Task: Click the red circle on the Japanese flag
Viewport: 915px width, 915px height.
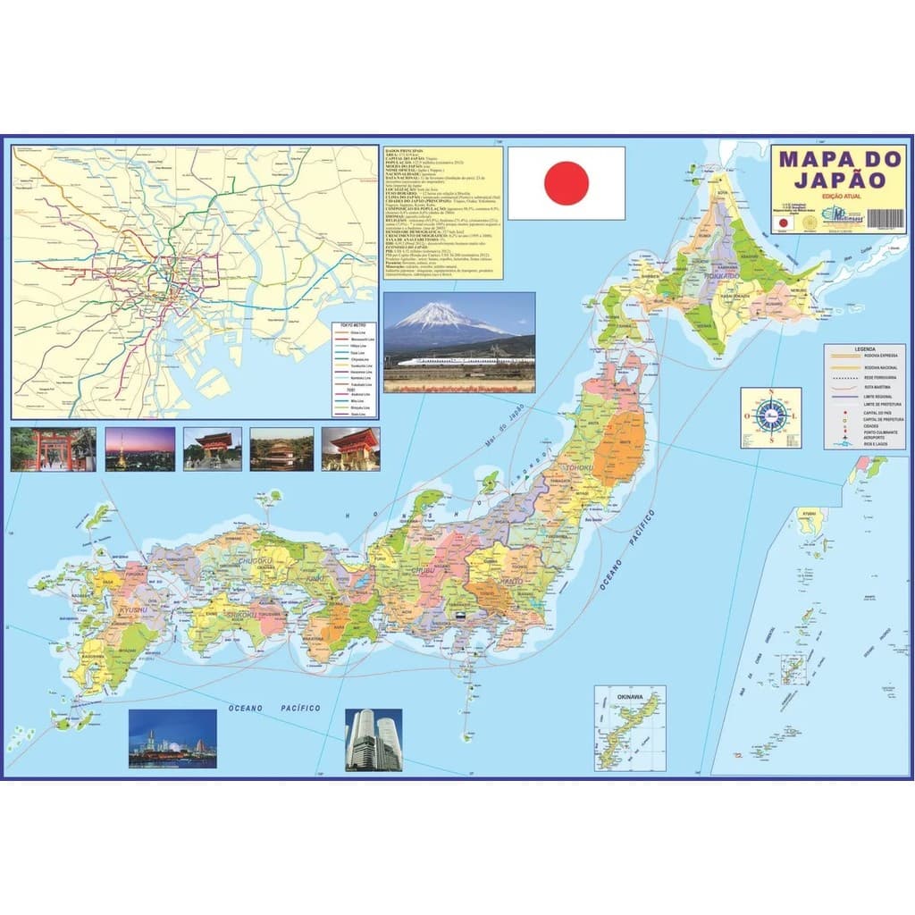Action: [567, 183]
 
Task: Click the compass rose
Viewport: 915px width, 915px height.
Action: [770, 416]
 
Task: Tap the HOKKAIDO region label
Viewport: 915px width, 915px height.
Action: [722, 278]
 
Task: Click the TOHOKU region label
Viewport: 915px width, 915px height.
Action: [578, 468]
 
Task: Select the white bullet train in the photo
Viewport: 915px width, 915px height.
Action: [465, 361]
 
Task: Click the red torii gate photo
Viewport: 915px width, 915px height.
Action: [53, 449]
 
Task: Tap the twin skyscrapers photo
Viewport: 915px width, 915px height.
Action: [374, 740]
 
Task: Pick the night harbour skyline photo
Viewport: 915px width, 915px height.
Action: [172, 739]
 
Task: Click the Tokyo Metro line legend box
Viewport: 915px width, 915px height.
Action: [354, 369]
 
